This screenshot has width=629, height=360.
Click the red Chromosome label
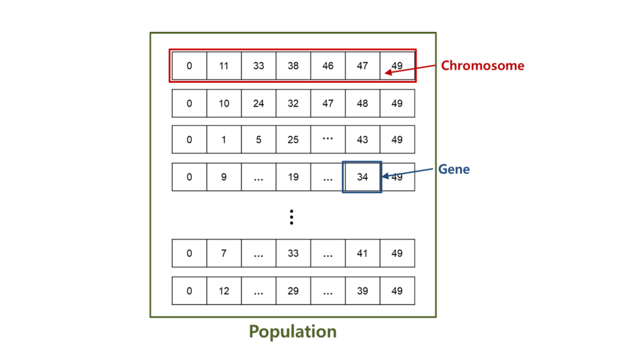click(x=482, y=65)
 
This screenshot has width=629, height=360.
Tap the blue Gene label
click(x=454, y=169)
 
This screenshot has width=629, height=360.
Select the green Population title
click(x=293, y=331)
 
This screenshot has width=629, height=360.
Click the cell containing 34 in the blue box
click(x=362, y=177)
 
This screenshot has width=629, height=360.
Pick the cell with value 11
click(x=224, y=66)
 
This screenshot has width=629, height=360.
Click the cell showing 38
click(x=293, y=66)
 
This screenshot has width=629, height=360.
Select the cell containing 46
click(x=328, y=66)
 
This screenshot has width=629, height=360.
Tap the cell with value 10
click(x=224, y=103)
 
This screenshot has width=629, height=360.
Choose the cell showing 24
click(x=258, y=103)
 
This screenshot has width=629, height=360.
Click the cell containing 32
click(x=293, y=103)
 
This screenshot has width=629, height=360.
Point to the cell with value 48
click(x=362, y=103)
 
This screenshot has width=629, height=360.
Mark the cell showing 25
click(x=293, y=140)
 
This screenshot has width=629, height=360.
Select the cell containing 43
click(x=362, y=140)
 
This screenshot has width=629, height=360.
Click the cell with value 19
click(x=293, y=177)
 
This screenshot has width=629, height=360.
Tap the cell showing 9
click(x=224, y=177)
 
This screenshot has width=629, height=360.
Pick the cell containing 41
click(x=362, y=253)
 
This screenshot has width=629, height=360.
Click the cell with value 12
click(x=224, y=291)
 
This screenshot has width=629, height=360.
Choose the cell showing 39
click(x=362, y=291)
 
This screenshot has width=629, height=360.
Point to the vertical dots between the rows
click(x=292, y=217)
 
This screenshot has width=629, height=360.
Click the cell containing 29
click(x=293, y=291)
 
